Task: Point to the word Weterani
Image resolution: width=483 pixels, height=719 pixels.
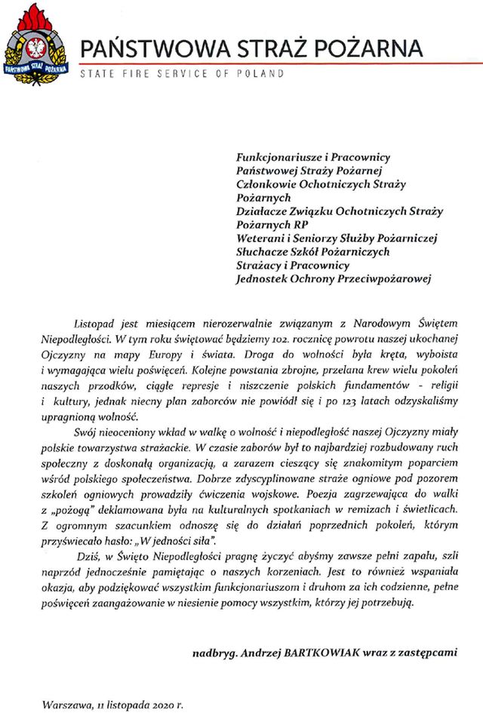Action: point(259,238)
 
